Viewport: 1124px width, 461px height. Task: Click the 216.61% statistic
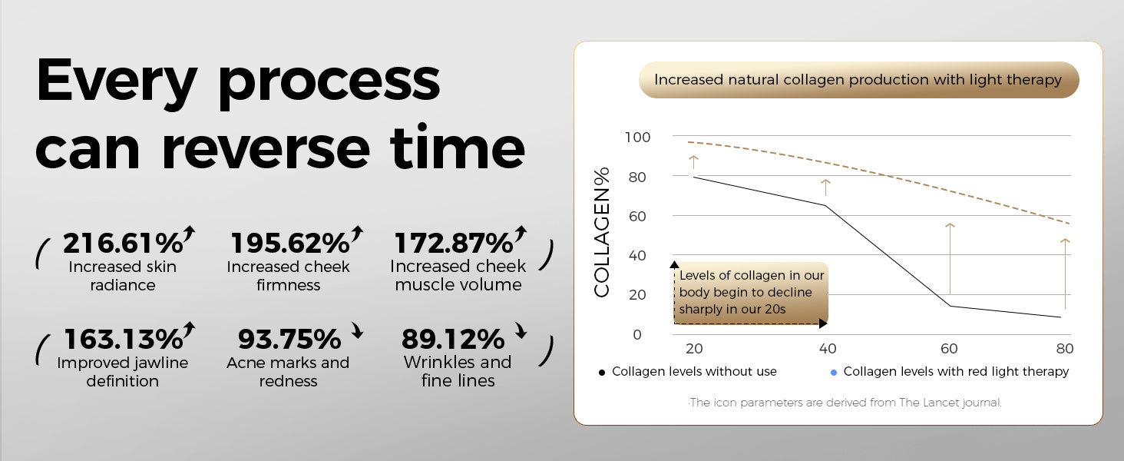123,243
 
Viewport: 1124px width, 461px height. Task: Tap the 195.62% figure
290,243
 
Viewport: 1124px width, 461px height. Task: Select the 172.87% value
453,243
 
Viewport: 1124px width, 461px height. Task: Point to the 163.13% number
123,339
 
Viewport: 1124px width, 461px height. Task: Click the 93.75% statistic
289,339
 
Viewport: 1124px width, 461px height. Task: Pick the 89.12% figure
453,339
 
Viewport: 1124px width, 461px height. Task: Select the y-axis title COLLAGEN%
602,231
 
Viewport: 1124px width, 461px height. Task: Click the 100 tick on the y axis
638,138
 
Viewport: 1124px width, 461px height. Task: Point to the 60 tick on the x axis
949,349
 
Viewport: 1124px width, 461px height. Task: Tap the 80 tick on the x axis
1065,349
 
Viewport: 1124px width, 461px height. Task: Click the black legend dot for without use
602,373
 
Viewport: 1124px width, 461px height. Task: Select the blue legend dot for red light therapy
833,373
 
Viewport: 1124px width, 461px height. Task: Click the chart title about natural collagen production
858,80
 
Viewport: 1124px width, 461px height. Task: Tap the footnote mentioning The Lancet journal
845,403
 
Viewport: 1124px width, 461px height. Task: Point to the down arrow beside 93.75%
356,332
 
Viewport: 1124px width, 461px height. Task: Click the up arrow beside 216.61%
190,234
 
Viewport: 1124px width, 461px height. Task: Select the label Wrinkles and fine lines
458,371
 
